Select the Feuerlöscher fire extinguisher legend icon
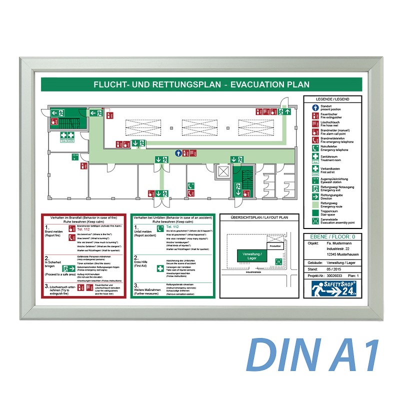(315, 115)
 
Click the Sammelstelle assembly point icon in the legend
(315, 221)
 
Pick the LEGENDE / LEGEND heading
(332, 99)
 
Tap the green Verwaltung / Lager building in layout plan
(252, 255)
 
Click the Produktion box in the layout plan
(274, 246)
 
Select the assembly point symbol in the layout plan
(278, 260)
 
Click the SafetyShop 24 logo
(332, 288)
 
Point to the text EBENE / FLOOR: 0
(332, 237)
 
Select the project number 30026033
(335, 275)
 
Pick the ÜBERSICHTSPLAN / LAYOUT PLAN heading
(259, 217)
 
